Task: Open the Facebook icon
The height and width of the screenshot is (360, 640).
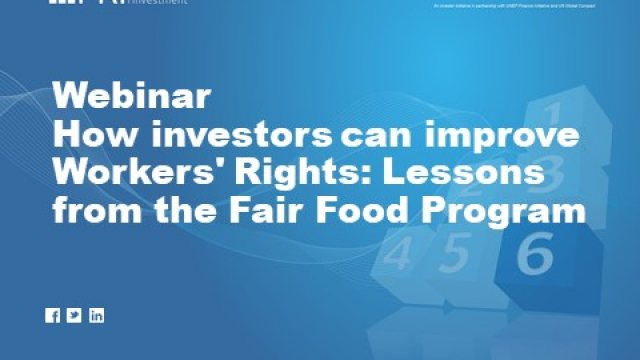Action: tap(53, 316)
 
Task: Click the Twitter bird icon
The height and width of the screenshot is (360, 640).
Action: tap(74, 316)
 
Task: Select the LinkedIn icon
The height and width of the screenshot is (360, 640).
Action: tap(96, 316)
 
